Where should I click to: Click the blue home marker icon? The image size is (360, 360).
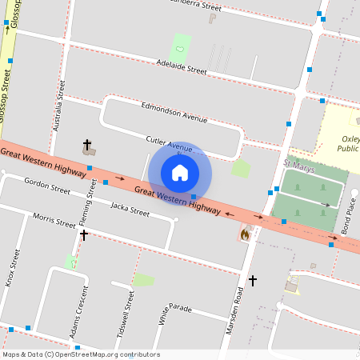[x=180, y=172]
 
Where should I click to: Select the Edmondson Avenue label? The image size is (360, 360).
[x=174, y=111]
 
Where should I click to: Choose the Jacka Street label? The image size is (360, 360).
[x=130, y=210]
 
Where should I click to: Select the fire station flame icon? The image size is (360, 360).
[x=246, y=234]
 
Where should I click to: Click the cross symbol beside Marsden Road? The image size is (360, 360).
[x=253, y=281]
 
